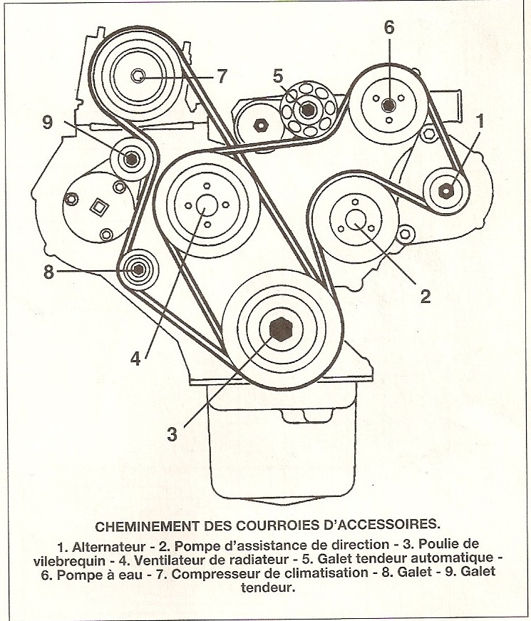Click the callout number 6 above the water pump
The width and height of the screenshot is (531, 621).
click(x=389, y=28)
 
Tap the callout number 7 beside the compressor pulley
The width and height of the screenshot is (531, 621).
click(x=222, y=76)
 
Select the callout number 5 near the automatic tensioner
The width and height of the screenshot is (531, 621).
click(x=278, y=76)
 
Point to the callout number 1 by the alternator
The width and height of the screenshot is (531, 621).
click(x=480, y=121)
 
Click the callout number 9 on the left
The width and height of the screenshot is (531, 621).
click(x=48, y=123)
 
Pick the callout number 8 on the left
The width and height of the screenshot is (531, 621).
click(x=48, y=272)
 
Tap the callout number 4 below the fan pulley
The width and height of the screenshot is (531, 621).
click(x=135, y=359)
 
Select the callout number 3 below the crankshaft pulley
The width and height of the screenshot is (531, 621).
click(x=172, y=433)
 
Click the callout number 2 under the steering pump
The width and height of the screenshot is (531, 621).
click(x=425, y=296)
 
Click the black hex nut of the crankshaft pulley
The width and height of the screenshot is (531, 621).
click(x=280, y=329)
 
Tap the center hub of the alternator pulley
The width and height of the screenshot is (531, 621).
click(x=447, y=190)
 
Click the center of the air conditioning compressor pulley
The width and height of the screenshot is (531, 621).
click(x=139, y=76)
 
